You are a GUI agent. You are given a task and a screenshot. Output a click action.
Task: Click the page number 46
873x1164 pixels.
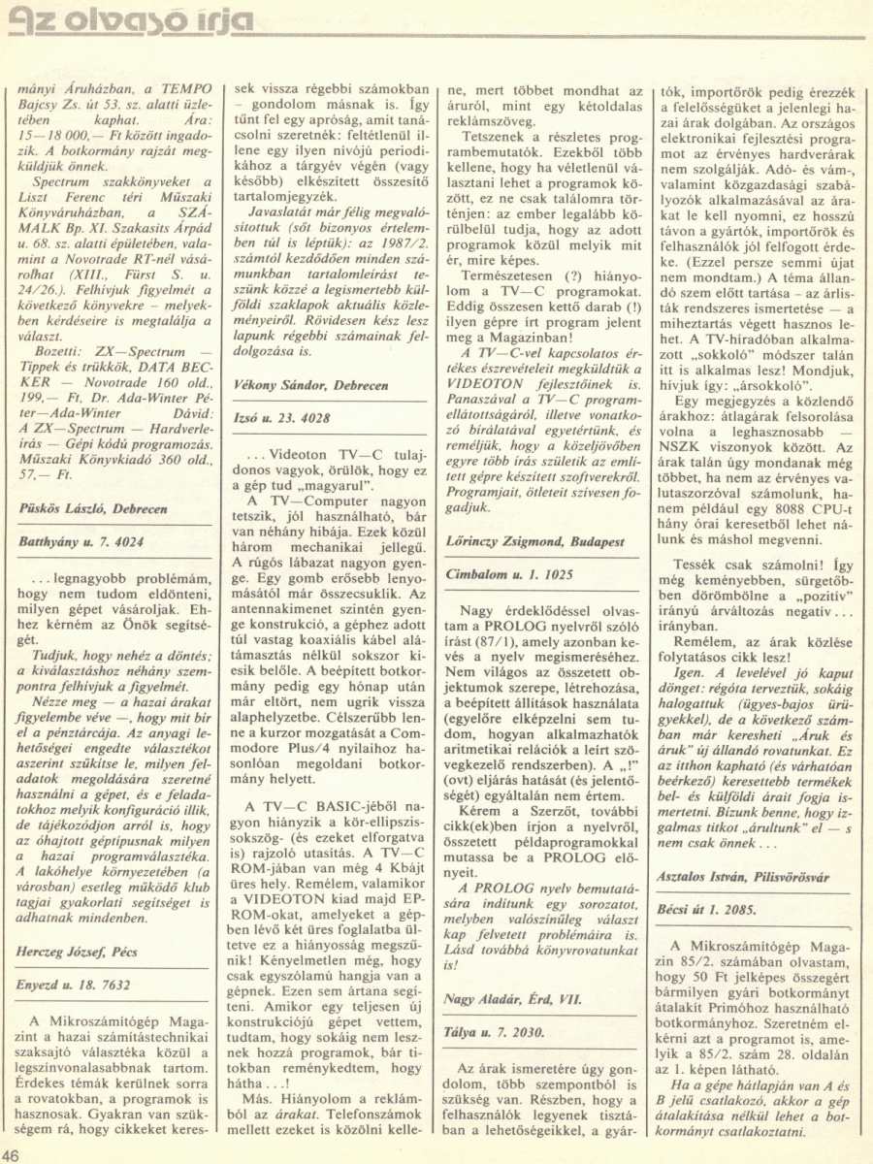pos(13,1154)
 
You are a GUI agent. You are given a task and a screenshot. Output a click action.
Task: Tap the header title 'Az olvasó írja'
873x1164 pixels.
pos(132,21)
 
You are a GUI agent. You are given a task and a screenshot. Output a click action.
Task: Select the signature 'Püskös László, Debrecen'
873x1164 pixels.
pos(94,507)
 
